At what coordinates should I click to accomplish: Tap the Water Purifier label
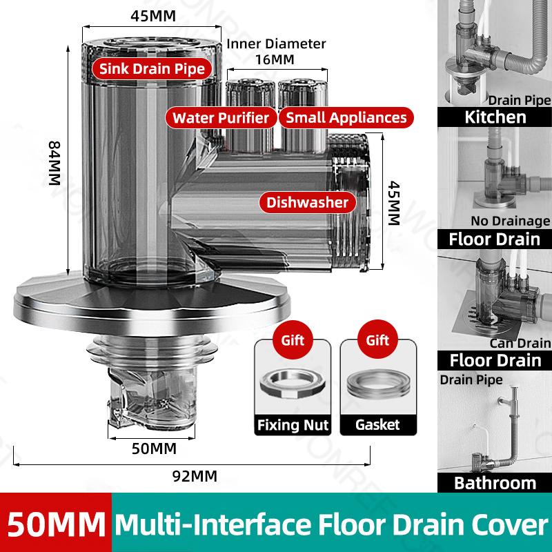(221, 117)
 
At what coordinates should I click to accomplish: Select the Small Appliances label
(346, 117)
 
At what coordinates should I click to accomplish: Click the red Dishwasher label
(308, 202)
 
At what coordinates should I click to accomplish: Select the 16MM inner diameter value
(277, 59)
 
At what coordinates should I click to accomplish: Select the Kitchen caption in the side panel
(495, 116)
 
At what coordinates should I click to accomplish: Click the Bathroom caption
(495, 482)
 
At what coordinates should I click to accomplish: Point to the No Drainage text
(511, 221)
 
